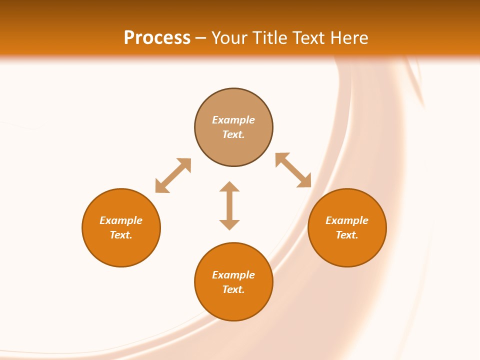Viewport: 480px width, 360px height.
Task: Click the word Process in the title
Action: tap(157, 38)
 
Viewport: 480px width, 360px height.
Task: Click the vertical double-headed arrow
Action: tap(229, 205)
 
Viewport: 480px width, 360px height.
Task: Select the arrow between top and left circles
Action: tap(173, 175)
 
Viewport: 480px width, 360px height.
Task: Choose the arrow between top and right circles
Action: tap(293, 170)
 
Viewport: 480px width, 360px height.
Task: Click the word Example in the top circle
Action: tap(233, 120)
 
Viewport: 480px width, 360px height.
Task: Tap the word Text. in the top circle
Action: tap(233, 134)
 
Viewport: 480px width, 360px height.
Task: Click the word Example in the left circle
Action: tap(121, 220)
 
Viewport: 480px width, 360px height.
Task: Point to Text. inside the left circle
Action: tap(121, 235)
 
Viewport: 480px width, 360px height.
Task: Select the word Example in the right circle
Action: tap(347, 220)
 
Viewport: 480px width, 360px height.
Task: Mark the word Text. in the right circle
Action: tap(347, 235)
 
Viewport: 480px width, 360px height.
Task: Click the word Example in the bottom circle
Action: tap(233, 275)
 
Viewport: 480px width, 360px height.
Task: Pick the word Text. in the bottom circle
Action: tap(233, 289)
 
